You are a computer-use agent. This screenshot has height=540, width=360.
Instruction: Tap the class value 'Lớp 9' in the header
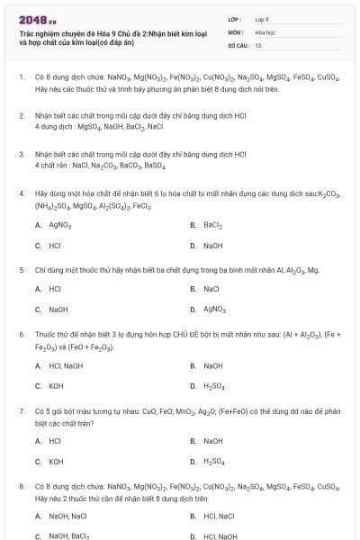[262, 18]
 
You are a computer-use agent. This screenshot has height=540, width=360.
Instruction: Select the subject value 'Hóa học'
[265, 31]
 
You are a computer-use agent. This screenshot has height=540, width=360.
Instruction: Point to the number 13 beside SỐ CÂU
[258, 43]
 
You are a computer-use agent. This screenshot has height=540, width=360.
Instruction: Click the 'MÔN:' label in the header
[235, 31]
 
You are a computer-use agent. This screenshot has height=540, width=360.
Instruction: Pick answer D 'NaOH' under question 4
[212, 245]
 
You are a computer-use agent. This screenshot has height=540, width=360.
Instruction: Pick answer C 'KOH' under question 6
[56, 385]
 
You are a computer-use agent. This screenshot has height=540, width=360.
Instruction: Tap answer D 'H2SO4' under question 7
[214, 461]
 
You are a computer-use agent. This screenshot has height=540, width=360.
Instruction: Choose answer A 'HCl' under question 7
[55, 441]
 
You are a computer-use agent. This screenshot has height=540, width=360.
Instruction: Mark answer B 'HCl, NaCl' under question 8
[219, 516]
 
